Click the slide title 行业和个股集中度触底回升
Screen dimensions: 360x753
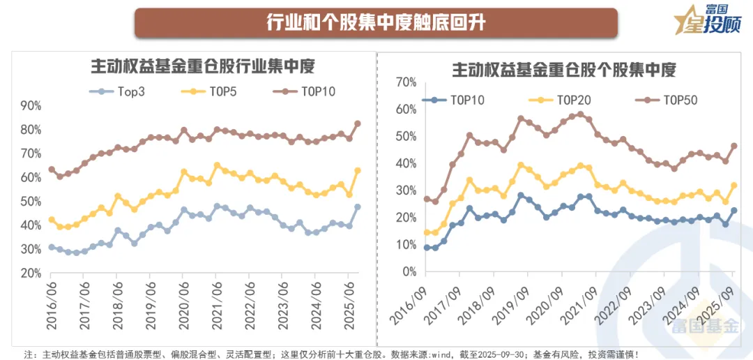(376, 22)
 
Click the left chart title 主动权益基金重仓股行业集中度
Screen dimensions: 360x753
(203, 67)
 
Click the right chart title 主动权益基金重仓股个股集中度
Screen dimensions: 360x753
(564, 70)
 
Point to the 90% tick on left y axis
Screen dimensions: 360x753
(31, 105)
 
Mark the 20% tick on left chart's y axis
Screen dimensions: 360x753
(31, 273)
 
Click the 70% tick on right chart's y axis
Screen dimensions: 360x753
(405, 82)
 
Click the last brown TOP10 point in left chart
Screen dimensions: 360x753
(358, 123)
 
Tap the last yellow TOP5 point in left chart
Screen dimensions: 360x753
(358, 170)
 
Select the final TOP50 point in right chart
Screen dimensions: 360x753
(734, 146)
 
